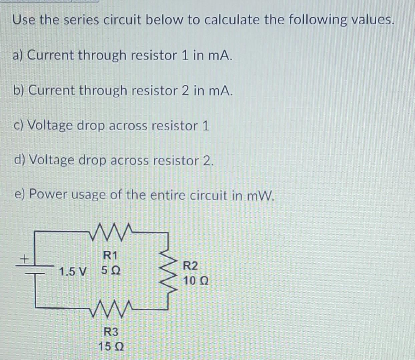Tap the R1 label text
(110, 256)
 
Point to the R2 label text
(190, 266)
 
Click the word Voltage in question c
(50, 125)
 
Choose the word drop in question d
(93, 161)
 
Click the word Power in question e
(49, 194)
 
